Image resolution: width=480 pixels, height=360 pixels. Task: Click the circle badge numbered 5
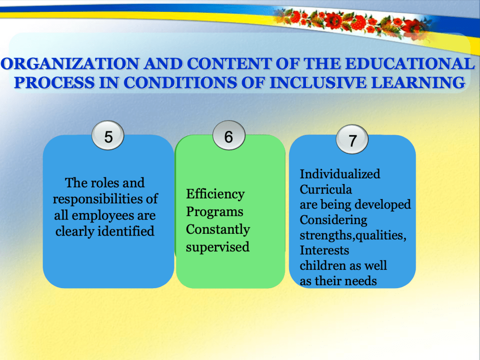click(108, 136)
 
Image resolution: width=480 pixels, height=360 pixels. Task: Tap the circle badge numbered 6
click(229, 135)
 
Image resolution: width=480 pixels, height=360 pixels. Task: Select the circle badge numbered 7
click(352, 139)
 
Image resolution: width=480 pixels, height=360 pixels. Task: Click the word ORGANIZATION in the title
click(70, 64)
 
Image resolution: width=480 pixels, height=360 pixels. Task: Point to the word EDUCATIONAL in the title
click(410, 64)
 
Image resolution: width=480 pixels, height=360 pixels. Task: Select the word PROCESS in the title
click(54, 82)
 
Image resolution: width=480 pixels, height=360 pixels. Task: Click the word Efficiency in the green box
click(215, 194)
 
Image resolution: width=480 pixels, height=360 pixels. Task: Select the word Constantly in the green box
click(218, 230)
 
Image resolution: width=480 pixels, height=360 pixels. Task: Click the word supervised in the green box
click(218, 247)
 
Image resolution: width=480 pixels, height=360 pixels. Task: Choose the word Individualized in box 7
click(340, 174)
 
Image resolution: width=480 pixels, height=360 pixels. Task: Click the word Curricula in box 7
click(326, 189)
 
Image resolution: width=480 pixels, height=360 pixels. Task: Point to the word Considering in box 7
click(333, 220)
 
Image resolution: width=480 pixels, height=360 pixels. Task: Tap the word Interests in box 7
click(324, 251)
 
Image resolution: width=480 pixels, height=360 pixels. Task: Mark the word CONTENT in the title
click(229, 64)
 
